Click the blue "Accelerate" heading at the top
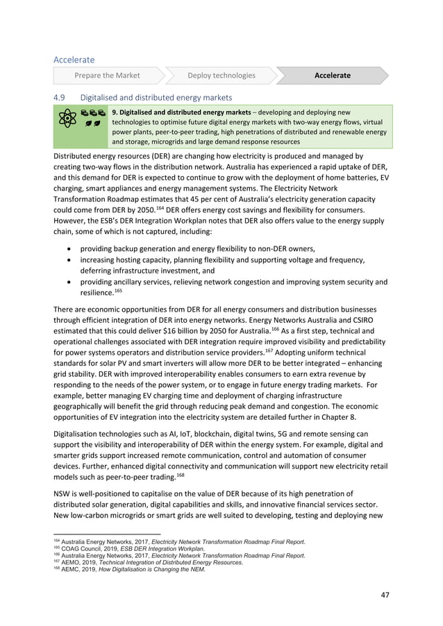(74, 60)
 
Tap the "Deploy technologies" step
(221, 75)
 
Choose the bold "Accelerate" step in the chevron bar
(332, 75)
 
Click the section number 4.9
(60, 97)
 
